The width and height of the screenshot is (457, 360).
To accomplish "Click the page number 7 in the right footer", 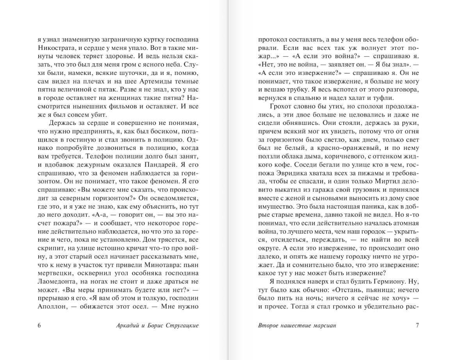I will (x=417, y=325).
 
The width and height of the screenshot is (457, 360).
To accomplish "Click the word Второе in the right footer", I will (x=270, y=325).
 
